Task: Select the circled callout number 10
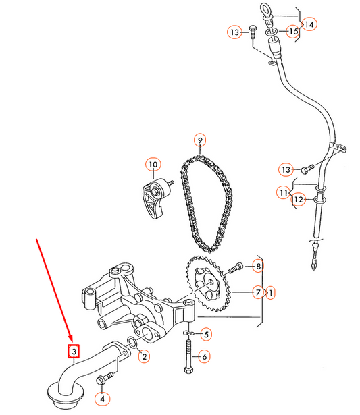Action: click(152, 164)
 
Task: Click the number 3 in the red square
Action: click(72, 351)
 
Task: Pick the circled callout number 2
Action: click(143, 357)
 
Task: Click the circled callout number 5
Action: click(207, 334)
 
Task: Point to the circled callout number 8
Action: click(257, 267)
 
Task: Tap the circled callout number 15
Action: click(292, 32)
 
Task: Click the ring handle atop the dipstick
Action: click(265, 9)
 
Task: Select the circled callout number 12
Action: click(298, 199)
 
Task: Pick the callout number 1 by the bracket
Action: click(271, 292)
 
